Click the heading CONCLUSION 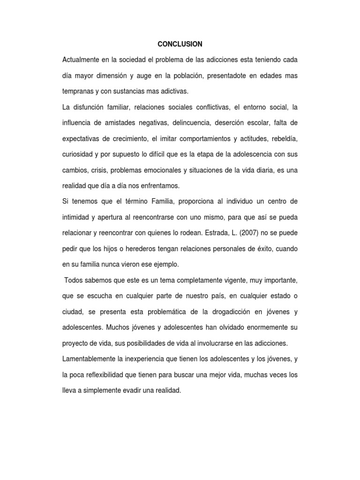[180, 44]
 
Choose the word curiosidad [77, 154]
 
